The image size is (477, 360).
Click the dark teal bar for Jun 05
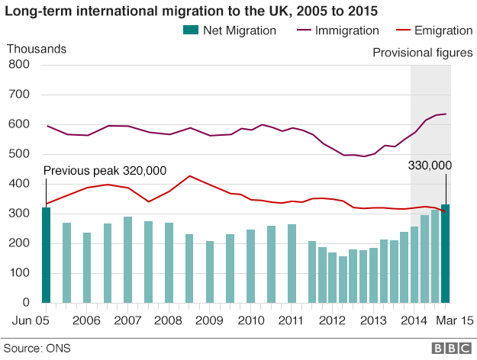46,255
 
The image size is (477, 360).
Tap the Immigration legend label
347,31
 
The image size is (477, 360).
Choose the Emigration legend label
443,31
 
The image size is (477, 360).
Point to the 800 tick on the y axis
18,66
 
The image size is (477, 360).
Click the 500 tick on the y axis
18,155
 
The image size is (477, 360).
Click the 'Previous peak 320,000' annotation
105,172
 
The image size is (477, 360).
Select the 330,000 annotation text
430,166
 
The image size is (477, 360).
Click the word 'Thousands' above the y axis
37,49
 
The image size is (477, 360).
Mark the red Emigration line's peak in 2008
189,176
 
